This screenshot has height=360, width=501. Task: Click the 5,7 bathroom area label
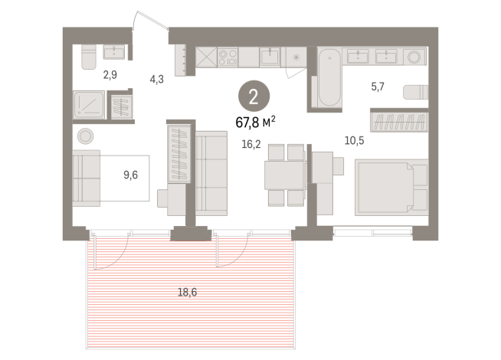[x=378, y=87]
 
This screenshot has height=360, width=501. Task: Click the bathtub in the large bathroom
[x=327, y=79]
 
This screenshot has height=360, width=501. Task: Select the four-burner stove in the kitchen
[x=229, y=58]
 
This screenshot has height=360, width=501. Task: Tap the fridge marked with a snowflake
[x=294, y=58]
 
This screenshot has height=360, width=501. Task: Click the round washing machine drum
[x=415, y=56]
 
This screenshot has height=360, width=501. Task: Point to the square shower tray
[x=89, y=104]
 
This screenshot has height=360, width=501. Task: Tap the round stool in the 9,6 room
[x=85, y=136]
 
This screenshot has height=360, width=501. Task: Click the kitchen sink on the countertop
[x=269, y=57]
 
